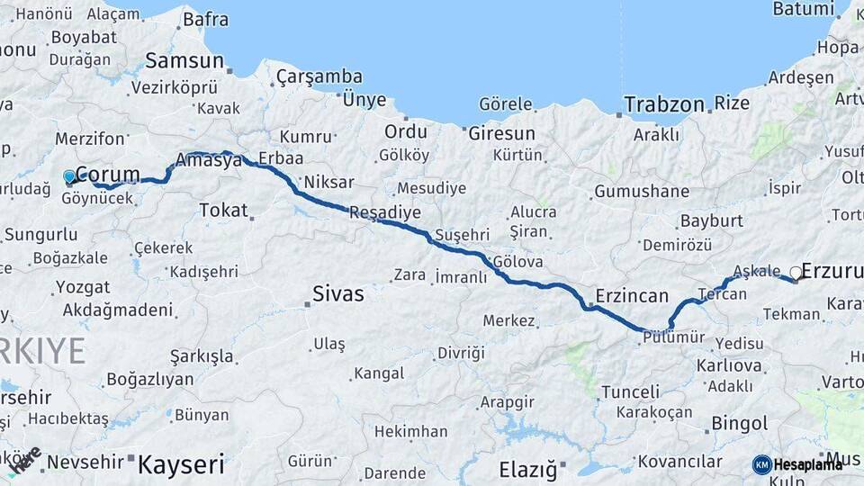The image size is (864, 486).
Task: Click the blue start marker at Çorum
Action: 69,176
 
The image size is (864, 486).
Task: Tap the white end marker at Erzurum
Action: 796,272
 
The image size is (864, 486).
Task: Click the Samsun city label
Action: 184,61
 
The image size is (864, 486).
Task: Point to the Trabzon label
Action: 665,104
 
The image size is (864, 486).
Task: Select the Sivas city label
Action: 338,293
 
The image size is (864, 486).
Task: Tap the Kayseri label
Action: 180,464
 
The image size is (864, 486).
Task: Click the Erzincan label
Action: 632,296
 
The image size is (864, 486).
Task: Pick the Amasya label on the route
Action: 210,161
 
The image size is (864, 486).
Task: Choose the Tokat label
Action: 223,210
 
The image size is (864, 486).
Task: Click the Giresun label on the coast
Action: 501,133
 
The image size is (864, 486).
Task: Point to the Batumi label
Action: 804,9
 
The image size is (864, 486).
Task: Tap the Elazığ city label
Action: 527,469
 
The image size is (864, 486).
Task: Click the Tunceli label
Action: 630,392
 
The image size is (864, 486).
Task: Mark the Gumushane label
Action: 641,192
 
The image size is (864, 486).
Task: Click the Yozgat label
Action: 83,288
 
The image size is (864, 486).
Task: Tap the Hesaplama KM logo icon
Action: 761,464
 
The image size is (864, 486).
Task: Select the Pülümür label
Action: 672,337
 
